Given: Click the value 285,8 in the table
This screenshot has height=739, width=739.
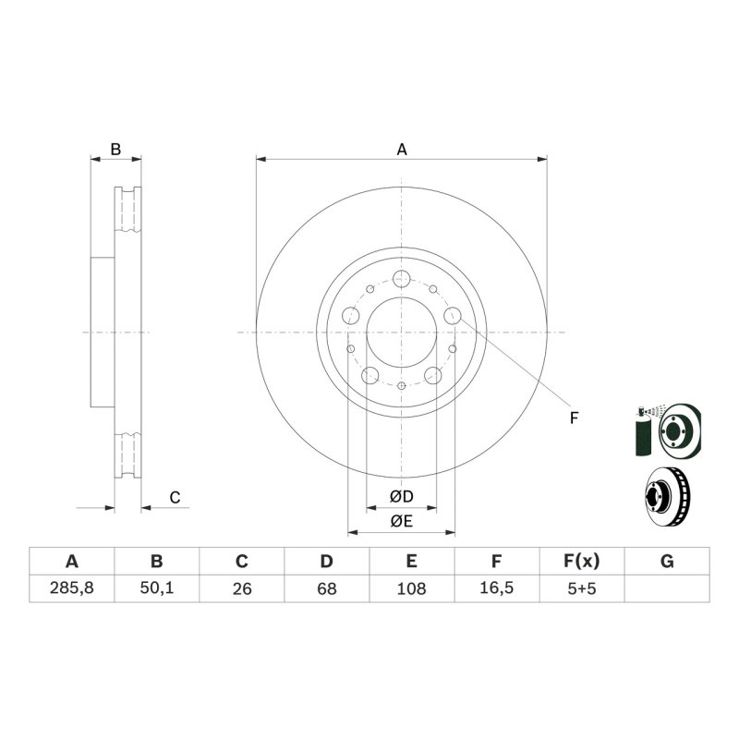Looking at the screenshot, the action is [72, 588].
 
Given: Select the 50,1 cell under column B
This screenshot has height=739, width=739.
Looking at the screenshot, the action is [156, 588].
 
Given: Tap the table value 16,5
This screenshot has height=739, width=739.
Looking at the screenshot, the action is [496, 588].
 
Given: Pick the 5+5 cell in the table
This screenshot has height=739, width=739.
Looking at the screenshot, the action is [582, 588].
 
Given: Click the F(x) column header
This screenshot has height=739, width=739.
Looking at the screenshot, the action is [582, 561].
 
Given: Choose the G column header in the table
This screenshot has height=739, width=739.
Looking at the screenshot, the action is [667, 562].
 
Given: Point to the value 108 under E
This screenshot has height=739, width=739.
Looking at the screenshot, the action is [411, 588].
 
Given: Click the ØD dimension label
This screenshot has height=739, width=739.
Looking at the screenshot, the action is [402, 496].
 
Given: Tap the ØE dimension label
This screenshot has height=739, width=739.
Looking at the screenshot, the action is [402, 521].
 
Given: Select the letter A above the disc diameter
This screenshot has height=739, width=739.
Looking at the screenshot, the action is [402, 150].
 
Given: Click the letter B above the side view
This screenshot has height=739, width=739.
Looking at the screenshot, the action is [115, 150].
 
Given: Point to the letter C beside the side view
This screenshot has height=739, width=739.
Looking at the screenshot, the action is [175, 498].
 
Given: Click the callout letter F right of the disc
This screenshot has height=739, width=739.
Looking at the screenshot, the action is [574, 418].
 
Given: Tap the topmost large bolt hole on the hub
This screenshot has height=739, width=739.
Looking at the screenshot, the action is [402, 279].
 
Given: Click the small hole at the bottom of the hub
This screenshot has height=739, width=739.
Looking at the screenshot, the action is [402, 386].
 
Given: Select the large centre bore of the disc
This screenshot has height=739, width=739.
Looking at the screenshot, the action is [402, 333].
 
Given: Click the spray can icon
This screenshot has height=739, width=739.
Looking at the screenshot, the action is [643, 430].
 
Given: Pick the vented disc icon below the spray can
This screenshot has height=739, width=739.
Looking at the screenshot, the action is [667, 497].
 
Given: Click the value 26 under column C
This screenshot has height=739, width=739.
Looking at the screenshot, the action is [242, 588].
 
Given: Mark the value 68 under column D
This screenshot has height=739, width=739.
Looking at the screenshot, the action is [327, 588].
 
